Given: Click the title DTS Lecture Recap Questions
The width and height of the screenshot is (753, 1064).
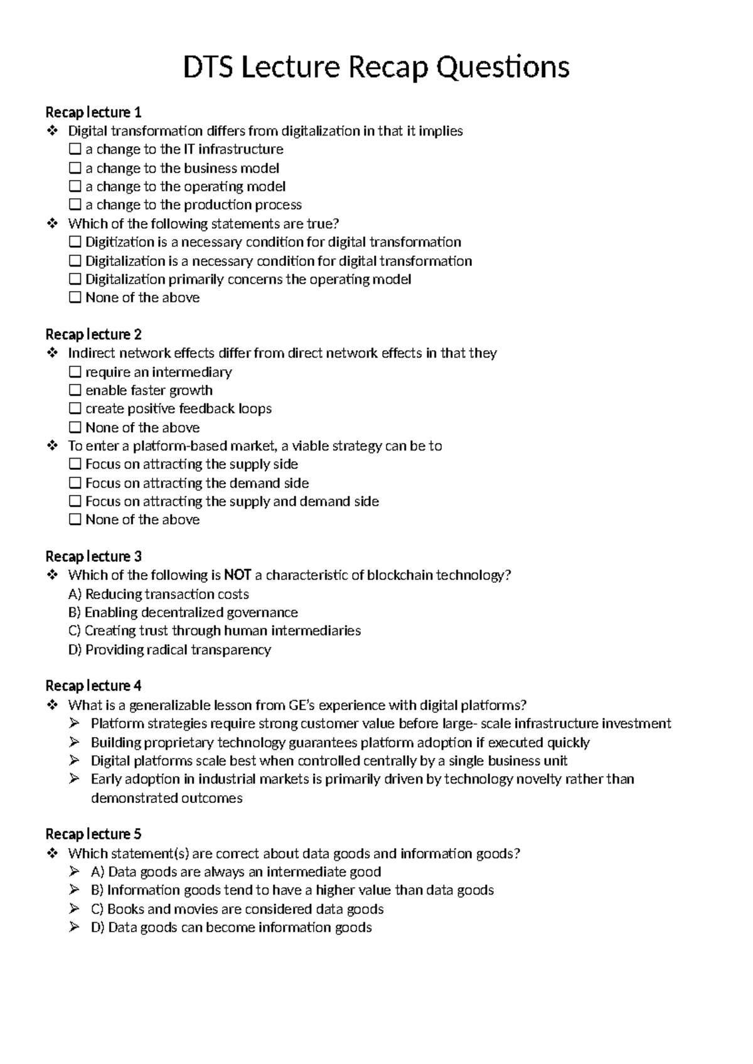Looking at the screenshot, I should click(376, 67).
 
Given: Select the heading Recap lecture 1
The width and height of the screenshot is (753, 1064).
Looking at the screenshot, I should click(93, 112).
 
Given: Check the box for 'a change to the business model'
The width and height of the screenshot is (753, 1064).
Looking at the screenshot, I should click(75, 168).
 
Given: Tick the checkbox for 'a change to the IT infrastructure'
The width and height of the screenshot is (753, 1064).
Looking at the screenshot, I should click(75, 149).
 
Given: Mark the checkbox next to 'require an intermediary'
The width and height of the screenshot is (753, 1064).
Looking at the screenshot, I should click(75, 372).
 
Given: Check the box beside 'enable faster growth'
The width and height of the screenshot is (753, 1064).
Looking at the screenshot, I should click(75, 390).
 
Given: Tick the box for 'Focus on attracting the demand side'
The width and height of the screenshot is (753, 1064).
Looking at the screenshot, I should click(75, 483).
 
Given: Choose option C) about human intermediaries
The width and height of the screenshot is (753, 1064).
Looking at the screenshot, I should click(214, 630).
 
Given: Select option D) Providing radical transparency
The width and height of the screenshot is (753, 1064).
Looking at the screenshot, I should click(169, 649).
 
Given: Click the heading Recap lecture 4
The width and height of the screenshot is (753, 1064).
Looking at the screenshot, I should click(93, 686).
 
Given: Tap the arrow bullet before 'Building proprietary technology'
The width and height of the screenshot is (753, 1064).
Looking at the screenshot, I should click(75, 742).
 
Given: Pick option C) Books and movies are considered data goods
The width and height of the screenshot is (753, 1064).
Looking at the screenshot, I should click(237, 909).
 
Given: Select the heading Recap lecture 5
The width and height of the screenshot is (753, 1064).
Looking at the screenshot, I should click(93, 834).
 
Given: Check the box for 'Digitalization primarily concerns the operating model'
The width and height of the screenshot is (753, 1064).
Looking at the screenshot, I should click(75, 279).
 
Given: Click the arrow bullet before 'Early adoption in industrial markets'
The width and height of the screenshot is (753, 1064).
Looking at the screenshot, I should click(75, 779).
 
